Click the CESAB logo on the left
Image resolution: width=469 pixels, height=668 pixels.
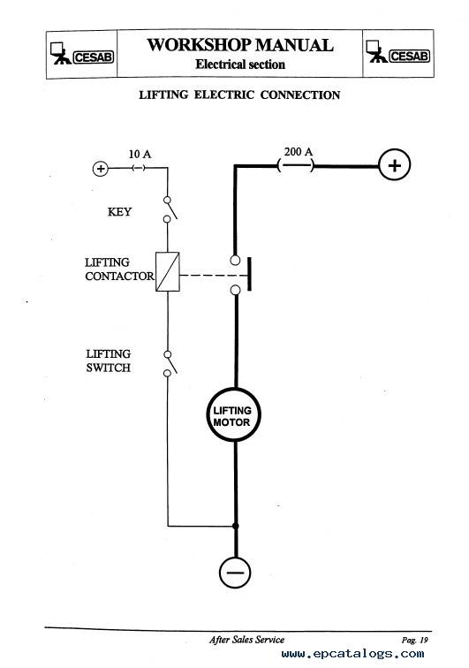click(82, 54)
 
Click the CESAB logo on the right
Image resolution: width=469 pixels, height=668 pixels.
click(397, 52)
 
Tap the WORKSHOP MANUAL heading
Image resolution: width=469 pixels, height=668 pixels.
click(240, 45)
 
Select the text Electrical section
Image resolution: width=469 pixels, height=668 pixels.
click(240, 65)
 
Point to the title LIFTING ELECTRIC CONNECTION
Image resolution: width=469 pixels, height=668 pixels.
click(239, 95)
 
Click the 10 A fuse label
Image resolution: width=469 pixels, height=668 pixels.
click(140, 155)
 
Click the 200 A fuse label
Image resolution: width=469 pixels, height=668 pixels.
click(299, 151)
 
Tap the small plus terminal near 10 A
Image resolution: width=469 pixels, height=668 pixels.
click(101, 169)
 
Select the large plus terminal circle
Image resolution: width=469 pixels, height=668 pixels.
click(395, 165)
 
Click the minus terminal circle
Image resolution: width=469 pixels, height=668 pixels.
click(235, 573)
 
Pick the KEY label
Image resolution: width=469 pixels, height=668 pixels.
click(120, 212)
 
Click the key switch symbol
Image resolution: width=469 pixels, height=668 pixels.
click(169, 209)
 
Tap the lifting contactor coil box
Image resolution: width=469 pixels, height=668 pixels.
click(168, 272)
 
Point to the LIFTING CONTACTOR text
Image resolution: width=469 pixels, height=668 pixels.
click(119, 269)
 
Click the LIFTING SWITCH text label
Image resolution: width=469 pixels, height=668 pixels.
click(109, 361)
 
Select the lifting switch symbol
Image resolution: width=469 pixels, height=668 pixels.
click(169, 364)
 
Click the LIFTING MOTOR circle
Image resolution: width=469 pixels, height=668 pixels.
click(233, 414)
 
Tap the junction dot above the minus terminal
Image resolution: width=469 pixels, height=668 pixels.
click(236, 526)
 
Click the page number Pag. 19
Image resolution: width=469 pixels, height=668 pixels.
click(414, 640)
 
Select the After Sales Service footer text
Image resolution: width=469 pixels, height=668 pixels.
click(246, 640)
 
